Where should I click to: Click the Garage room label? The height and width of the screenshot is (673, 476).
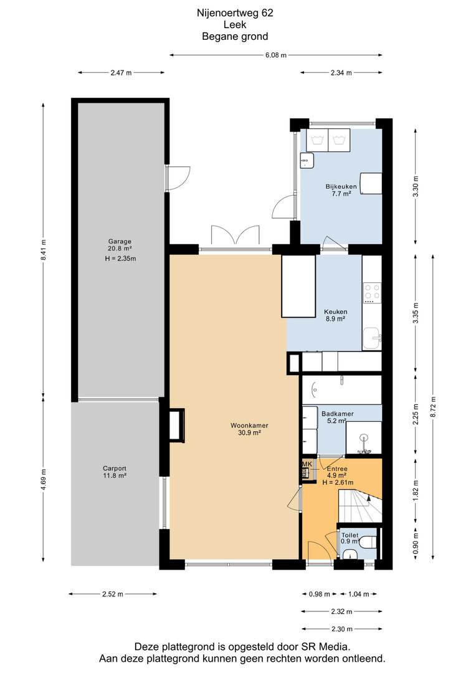[x=120, y=241]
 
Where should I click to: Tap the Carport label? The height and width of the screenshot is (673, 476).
[x=115, y=469]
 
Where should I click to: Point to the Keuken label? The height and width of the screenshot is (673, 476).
[x=336, y=312]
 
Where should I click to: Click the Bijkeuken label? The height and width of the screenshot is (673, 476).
[x=341, y=187]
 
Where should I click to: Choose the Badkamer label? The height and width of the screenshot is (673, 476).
[x=337, y=414]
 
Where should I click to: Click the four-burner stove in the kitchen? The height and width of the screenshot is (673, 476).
[x=372, y=292]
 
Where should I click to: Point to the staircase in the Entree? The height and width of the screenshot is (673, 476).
[x=360, y=507]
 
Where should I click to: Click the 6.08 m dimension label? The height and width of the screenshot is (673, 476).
[x=275, y=55]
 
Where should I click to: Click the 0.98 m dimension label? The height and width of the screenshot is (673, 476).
[x=320, y=594]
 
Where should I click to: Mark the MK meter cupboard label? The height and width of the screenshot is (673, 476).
[x=307, y=464]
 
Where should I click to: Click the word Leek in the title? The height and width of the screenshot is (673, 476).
[x=235, y=24]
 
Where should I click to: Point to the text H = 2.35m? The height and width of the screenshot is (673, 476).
[x=120, y=259]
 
